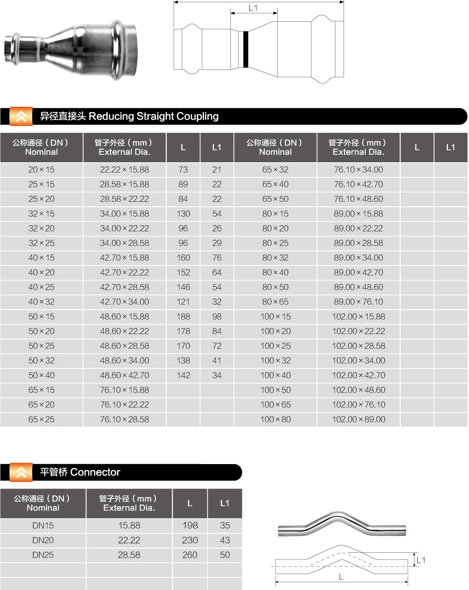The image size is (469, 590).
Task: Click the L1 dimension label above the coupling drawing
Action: pos(253,8)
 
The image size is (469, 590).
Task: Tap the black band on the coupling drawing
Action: pos(245,49)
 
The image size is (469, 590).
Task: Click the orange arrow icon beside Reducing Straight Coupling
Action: pos(21,116)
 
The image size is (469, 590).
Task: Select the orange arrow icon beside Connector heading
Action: pos(21,472)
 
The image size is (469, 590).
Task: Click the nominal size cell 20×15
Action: pos(41,170)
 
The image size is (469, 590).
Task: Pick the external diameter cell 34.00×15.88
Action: pos(125,214)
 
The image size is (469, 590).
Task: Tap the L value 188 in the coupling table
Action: pos(183,316)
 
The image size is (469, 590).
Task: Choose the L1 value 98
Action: pos(217,316)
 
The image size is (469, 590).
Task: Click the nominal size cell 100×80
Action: pos(275,419)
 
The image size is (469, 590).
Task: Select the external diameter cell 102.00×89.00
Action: pos(359,419)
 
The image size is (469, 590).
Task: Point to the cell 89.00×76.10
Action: pos(359,302)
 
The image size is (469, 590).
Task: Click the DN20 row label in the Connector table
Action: pos(43,540)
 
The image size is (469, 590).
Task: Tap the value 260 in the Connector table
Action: pos(190,555)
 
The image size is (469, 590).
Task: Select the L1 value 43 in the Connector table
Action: pos(225,540)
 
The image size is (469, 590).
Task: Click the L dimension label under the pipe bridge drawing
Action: pos(341,577)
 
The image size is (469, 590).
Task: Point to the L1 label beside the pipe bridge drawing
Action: pos(421,560)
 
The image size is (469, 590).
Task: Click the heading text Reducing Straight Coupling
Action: pos(153,116)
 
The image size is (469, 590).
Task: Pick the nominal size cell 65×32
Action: pos(275,170)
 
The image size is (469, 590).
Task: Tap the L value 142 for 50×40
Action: pos(183,375)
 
